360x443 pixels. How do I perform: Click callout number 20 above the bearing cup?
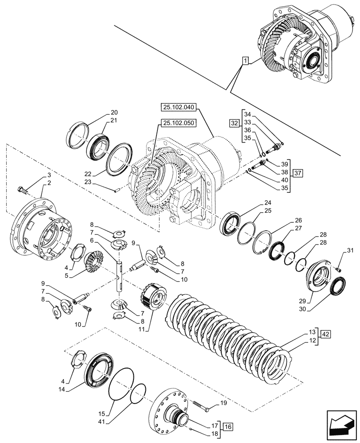(x=102, y=112)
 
